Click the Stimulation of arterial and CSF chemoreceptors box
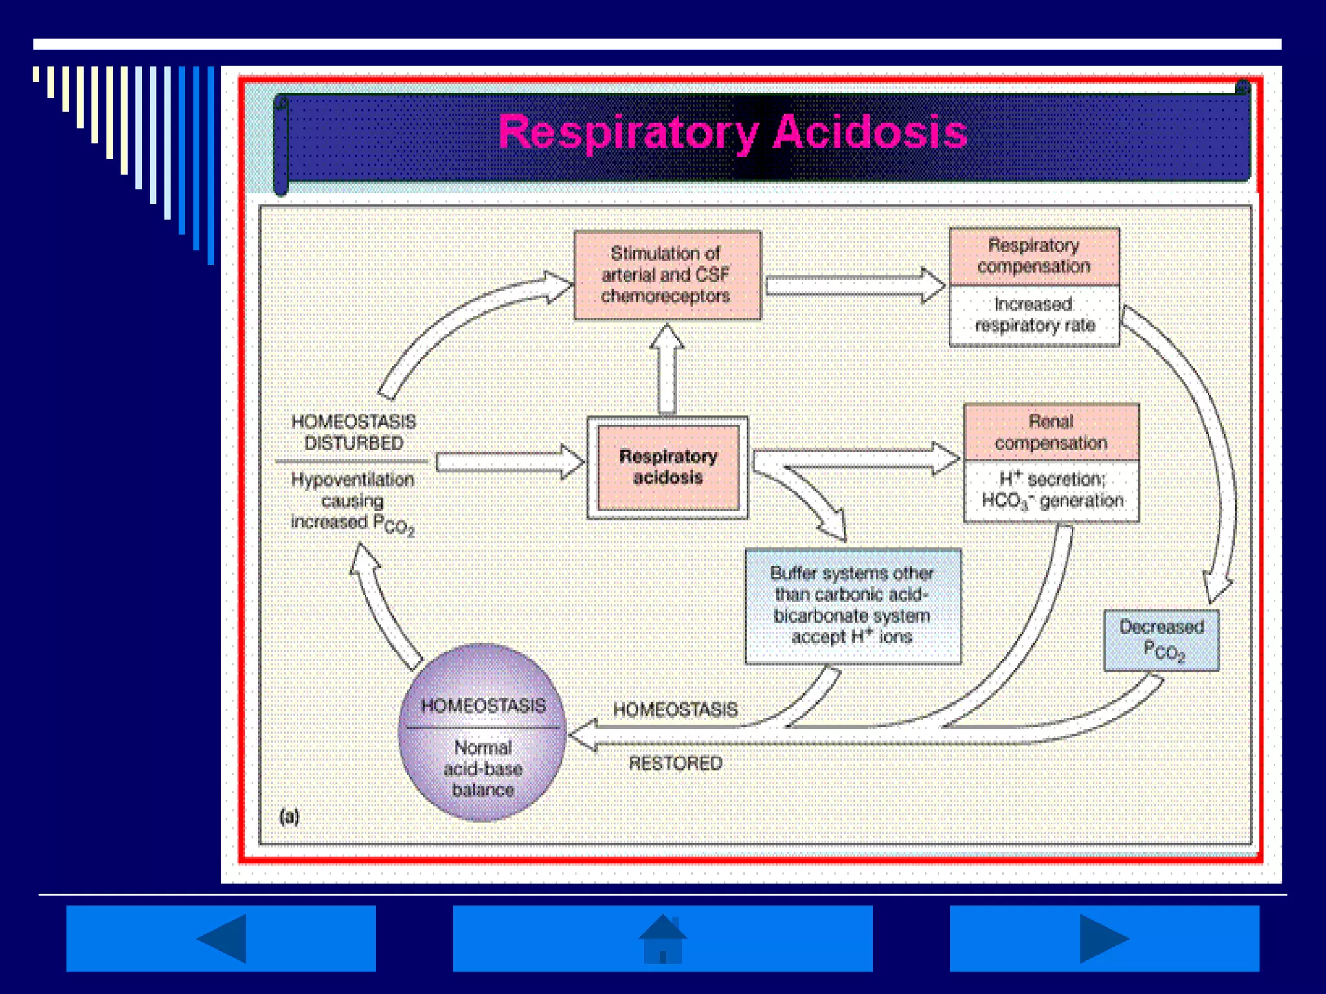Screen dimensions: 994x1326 click(x=667, y=275)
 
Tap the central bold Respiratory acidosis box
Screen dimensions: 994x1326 click(x=668, y=467)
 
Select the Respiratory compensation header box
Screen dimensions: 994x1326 click(x=1034, y=256)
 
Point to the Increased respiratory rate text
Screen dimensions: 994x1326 click(x=1034, y=315)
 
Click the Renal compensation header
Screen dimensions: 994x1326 click(x=1051, y=432)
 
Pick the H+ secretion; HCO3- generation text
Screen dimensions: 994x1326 click(x=1051, y=490)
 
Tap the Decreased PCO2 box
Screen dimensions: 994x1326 click(x=1161, y=640)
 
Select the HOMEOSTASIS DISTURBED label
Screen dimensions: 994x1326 click(x=354, y=432)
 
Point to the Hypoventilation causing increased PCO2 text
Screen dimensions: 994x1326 click(x=352, y=502)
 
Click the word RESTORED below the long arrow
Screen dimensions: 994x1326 click(x=675, y=764)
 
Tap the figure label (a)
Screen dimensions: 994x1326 click(x=289, y=817)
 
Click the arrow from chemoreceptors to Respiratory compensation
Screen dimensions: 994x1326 click(x=855, y=285)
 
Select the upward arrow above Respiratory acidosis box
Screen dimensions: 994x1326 click(x=667, y=369)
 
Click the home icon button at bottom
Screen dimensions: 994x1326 click(x=662, y=938)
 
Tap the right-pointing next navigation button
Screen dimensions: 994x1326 click(x=1104, y=938)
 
